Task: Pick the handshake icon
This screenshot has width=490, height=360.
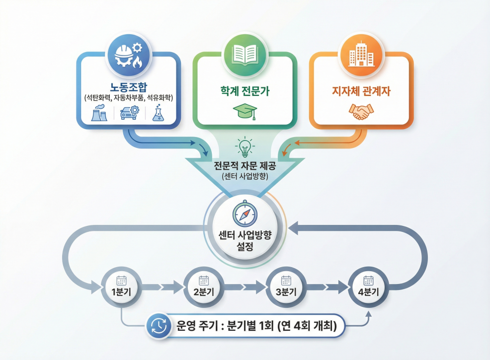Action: click(361, 112)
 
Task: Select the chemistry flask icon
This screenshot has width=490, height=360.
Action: click(157, 113)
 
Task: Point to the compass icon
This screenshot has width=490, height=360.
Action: click(245, 214)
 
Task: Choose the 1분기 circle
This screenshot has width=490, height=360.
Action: click(121, 287)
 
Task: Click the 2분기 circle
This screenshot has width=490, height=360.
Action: click(203, 287)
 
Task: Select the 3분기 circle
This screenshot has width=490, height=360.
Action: click(286, 287)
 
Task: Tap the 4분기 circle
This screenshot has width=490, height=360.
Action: click(368, 287)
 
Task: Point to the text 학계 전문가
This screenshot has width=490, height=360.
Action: click(245, 92)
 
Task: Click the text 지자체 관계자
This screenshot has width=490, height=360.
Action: click(361, 92)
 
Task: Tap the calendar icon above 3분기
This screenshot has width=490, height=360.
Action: click(286, 281)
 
